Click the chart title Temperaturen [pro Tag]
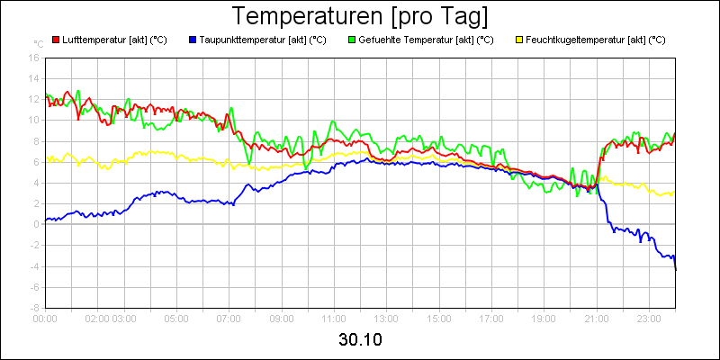360,16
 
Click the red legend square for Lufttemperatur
56,40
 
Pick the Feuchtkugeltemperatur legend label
595,40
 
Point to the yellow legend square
518,40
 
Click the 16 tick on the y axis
33,58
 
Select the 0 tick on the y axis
36,224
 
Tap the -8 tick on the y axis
34,307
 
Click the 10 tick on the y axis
33,120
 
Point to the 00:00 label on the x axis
45,318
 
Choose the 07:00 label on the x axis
229,318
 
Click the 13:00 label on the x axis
386,318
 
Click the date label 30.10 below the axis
360,339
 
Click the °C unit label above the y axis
38,43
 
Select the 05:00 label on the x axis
176,318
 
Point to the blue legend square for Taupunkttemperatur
193,40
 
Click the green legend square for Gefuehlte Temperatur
351,40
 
